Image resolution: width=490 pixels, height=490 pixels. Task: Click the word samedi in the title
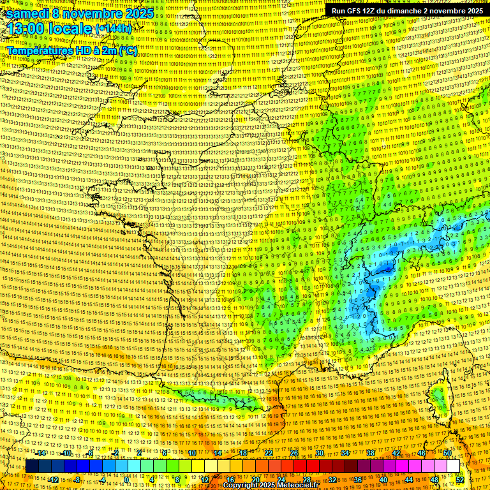[x=29, y=13]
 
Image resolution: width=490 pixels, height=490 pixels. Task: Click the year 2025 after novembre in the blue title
[x=137, y=13]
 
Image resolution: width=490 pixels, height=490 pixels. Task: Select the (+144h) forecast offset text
[x=114, y=29]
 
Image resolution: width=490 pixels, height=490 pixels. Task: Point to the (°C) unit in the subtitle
[x=126, y=50]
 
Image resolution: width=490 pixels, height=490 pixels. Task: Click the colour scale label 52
[x=460, y=479]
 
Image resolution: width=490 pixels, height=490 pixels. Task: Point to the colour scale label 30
[x=320, y=453]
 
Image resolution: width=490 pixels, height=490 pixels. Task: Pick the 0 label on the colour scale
[x=126, y=479]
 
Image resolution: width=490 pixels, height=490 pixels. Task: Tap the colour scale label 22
[x=269, y=453]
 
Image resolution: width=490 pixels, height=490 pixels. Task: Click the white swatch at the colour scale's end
[x=454, y=466]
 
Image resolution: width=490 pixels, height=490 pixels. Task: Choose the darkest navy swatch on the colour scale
[x=32, y=466]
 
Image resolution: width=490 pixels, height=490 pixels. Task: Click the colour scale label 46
[x=422, y=453]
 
